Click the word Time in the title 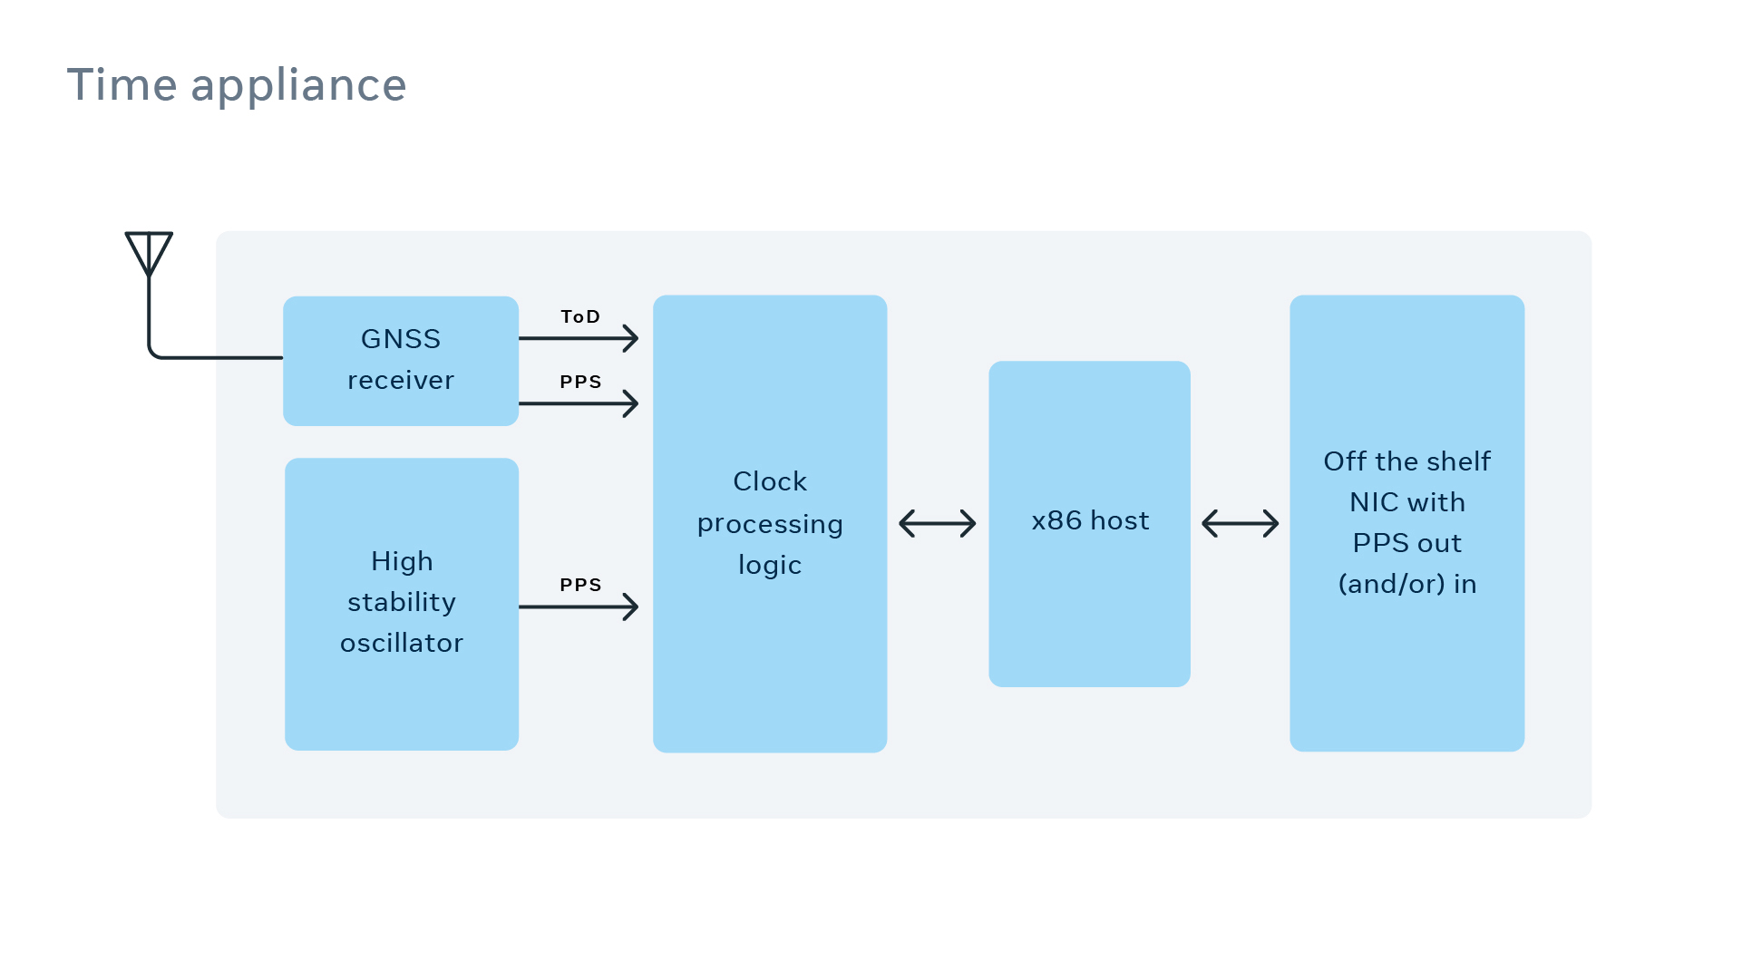tap(122, 85)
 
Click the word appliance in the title tap(298, 87)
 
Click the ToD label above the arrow tap(580, 316)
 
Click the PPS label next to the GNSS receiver tap(580, 382)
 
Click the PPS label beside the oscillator tap(580, 585)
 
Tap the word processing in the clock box tap(770, 524)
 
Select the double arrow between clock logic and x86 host tap(937, 523)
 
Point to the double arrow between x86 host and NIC tap(1240, 523)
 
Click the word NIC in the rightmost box tap(1374, 502)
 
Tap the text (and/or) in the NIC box tap(1391, 584)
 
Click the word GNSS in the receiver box tap(400, 339)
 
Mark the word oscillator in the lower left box tap(401, 643)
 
